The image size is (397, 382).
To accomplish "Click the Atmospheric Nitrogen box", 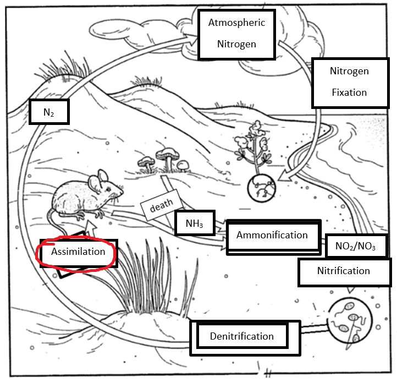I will tap(236, 33).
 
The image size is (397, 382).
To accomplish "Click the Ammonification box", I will tap(272, 235).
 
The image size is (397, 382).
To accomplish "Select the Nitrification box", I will tap(343, 271).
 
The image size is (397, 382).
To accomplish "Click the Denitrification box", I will tap(241, 336).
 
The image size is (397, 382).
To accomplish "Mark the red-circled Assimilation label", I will tap(78, 252).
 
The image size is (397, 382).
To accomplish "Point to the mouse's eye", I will tap(111, 190).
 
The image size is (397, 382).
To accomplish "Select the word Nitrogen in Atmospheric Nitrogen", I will tap(236, 43).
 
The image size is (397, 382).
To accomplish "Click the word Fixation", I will tap(349, 92).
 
